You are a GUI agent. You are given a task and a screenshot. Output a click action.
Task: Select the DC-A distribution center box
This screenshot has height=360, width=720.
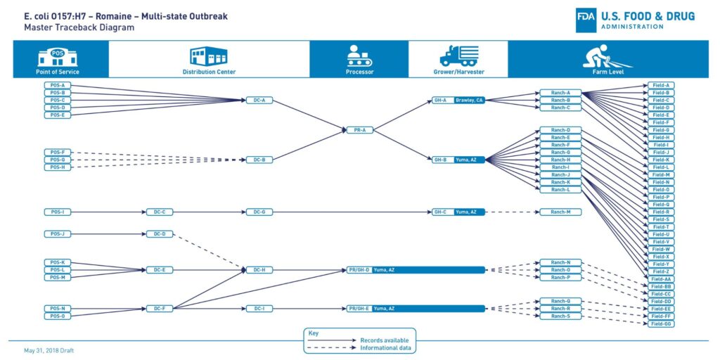click(x=259, y=101)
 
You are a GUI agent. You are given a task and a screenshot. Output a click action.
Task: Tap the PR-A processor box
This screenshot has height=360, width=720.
click(x=359, y=130)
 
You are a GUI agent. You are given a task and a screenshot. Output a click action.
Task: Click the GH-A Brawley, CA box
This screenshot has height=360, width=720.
click(x=458, y=101)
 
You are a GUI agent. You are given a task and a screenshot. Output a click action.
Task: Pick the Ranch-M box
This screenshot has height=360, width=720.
click(x=560, y=212)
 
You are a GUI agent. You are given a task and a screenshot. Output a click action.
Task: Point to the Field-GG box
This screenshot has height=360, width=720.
click(x=660, y=323)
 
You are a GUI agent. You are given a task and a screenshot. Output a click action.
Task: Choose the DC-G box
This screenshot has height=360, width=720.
click(x=259, y=212)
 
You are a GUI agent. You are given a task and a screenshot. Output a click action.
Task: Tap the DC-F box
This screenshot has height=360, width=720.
click(x=159, y=309)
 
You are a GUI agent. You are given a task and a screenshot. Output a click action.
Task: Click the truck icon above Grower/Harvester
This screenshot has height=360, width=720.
click(x=458, y=56)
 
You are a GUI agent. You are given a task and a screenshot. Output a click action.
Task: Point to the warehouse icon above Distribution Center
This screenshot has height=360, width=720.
click(x=209, y=56)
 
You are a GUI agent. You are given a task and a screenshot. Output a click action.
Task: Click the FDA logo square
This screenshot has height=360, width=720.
click(x=586, y=21)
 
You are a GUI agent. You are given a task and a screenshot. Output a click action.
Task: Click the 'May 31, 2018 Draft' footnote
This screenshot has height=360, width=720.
click(x=48, y=349)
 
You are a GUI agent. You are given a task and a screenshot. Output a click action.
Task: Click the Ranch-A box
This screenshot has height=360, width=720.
click(x=560, y=93)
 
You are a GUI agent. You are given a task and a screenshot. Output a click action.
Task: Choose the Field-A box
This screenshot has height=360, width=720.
click(x=660, y=86)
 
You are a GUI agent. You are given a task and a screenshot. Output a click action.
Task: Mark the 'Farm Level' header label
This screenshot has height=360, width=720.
click(x=608, y=72)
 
